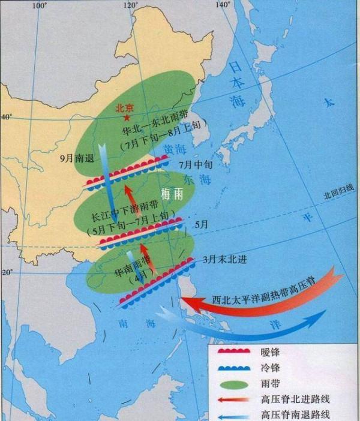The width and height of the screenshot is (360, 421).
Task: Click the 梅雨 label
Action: (x=172, y=194)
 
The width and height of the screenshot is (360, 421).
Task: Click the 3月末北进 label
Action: (x=225, y=260)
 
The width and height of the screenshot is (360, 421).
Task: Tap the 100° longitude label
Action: (x=40, y=5)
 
